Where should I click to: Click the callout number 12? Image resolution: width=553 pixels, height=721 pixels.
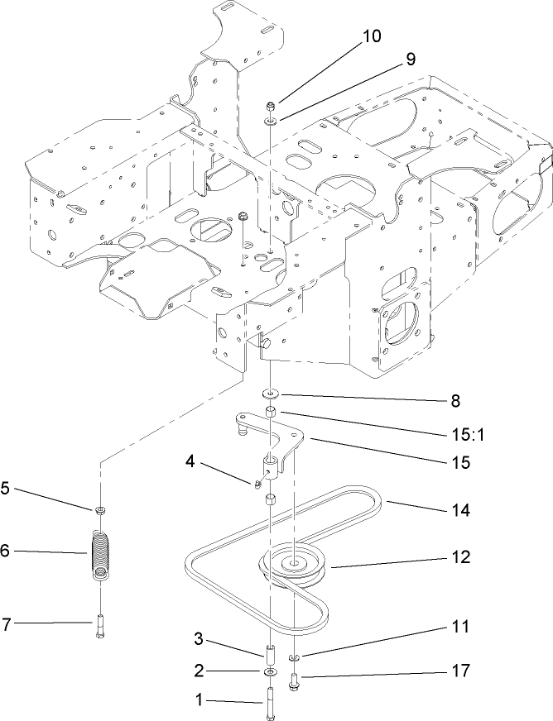point(459,557)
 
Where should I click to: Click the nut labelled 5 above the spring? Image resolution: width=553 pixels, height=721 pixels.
point(99,508)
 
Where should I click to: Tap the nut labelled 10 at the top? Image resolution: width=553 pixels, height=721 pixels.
point(272,106)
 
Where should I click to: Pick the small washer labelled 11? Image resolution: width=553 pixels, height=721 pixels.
point(294,658)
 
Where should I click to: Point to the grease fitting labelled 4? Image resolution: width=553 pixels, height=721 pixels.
point(257,477)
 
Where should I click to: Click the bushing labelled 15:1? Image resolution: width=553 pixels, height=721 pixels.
point(272,412)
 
